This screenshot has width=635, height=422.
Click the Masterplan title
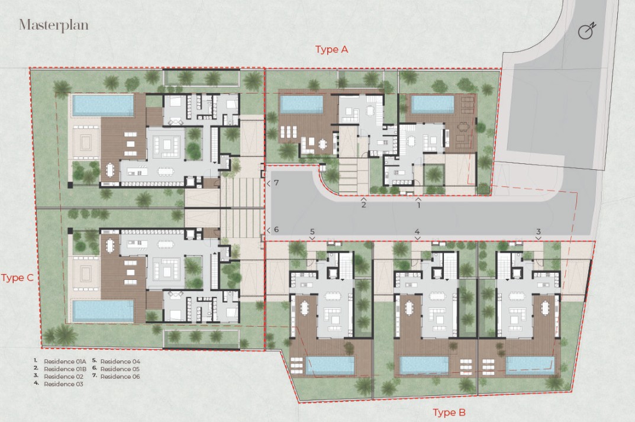pyautogui.click(x=53, y=25)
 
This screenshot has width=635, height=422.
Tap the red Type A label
pyautogui.click(x=331, y=49)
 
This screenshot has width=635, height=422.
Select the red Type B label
pyautogui.click(x=449, y=413)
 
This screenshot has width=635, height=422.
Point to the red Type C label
pyautogui.click(x=17, y=278)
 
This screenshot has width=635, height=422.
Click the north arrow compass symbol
pyautogui.click(x=587, y=30)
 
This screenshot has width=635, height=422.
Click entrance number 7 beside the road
pyautogui.click(x=276, y=183)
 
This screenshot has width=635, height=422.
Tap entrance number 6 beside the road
pyautogui.click(x=276, y=230)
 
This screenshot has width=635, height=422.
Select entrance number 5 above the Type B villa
pyautogui.click(x=312, y=231)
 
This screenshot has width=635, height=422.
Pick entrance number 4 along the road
pyautogui.click(x=417, y=231)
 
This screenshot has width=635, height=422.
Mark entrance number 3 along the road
pyautogui.click(x=538, y=231)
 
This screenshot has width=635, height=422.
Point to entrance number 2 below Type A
pyautogui.click(x=363, y=205)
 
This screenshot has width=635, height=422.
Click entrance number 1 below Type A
pyautogui.click(x=419, y=205)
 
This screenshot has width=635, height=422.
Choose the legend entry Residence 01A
pyautogui.click(x=65, y=361)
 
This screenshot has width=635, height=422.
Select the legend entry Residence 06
pyautogui.click(x=120, y=376)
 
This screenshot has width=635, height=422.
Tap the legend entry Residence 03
pyautogui.click(x=63, y=384)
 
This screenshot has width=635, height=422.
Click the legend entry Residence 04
pyautogui.click(x=120, y=361)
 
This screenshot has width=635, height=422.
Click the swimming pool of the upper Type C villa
pyautogui.click(x=103, y=105)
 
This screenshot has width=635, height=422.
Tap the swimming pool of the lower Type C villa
pyautogui.click(x=103, y=311)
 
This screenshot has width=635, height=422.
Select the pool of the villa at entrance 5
pyautogui.click(x=330, y=365)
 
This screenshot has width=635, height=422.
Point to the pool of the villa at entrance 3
pyautogui.click(x=530, y=365)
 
